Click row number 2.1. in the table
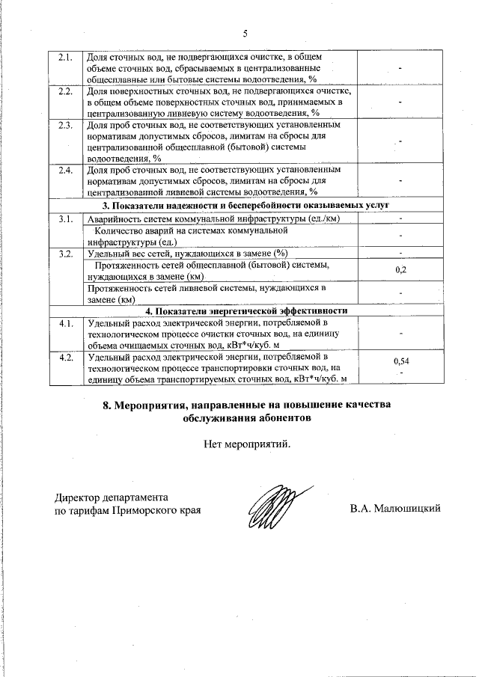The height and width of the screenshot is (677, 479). [65, 57]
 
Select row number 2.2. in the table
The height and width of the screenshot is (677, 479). [65, 91]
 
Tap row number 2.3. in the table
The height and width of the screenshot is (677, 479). [65, 125]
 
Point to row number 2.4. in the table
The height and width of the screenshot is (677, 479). [65, 171]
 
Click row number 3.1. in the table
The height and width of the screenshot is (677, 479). [65, 218]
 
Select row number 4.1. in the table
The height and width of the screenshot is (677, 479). [65, 324]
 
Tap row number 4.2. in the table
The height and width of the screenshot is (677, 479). [65, 358]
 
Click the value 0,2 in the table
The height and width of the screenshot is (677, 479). [400, 269]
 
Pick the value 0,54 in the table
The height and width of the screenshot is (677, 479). [400, 362]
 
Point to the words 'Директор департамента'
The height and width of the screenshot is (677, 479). [112, 497]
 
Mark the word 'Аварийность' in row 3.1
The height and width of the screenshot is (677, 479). [117, 218]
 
